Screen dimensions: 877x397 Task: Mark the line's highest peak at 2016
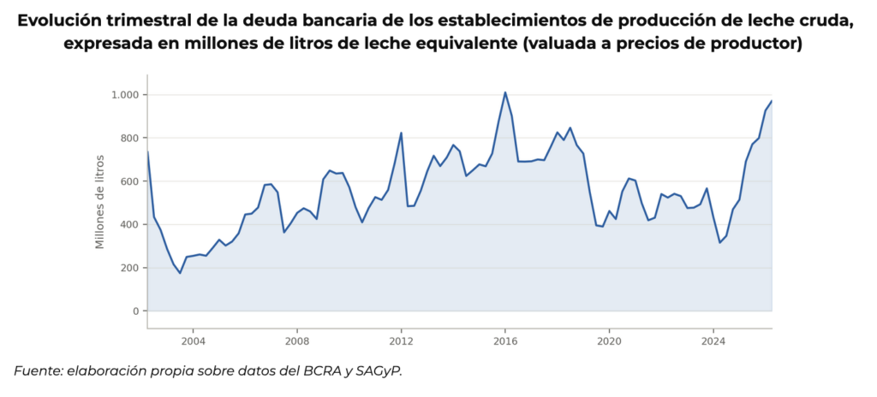click(x=505, y=92)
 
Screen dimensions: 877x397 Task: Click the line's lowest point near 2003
click(x=180, y=273)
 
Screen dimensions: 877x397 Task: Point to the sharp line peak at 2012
click(x=401, y=133)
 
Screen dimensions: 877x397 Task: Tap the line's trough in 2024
click(x=719, y=243)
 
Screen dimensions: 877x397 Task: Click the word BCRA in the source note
click(x=320, y=371)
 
